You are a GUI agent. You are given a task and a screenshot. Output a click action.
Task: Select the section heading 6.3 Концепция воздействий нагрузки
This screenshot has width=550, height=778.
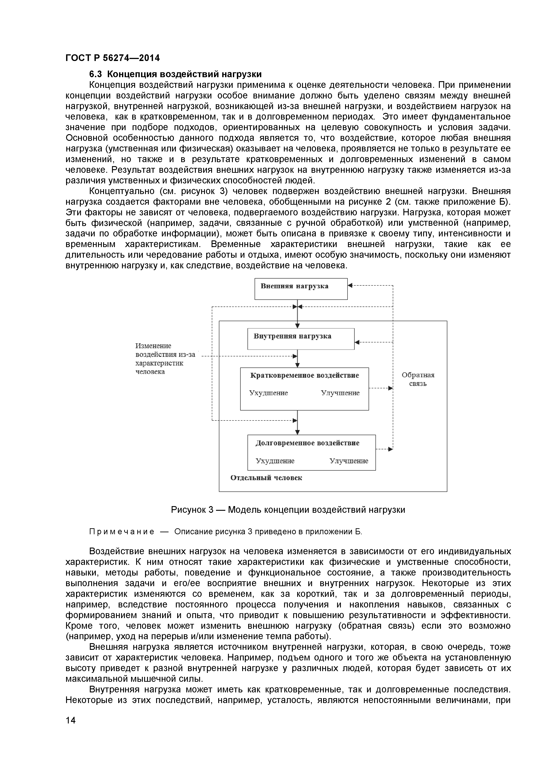[x=175, y=74]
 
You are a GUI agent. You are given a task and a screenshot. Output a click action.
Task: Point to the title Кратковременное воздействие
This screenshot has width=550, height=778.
[x=304, y=375]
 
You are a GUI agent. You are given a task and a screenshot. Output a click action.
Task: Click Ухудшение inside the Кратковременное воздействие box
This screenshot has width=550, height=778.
[x=268, y=393]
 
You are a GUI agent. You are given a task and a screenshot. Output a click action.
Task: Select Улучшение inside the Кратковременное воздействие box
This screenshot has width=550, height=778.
[x=340, y=393]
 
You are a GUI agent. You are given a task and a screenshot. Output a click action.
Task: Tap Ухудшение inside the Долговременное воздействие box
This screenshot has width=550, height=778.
[x=275, y=461]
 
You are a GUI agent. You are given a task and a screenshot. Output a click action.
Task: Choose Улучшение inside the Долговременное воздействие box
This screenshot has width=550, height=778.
[x=348, y=461]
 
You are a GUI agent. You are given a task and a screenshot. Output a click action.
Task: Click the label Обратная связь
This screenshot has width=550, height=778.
[x=418, y=379]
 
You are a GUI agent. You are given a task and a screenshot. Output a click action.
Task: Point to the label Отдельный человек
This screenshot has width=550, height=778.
[x=266, y=478]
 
